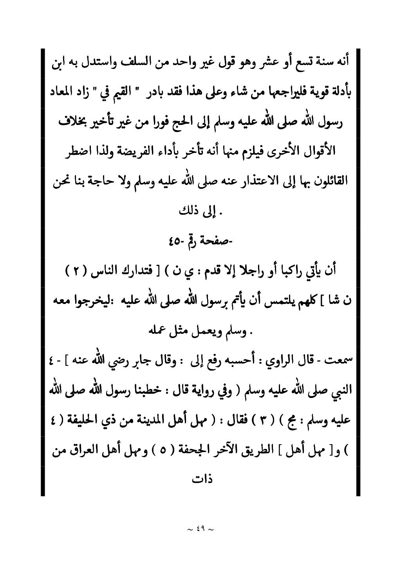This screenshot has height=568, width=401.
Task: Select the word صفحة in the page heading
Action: coord(214,241)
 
